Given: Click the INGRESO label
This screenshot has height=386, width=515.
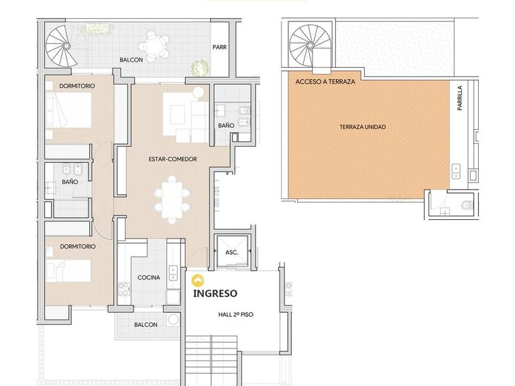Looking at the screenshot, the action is pyautogui.click(x=215, y=293).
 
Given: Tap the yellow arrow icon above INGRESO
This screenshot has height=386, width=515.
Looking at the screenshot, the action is pyautogui.click(x=198, y=281).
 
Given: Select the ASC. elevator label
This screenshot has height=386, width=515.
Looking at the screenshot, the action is pyautogui.click(x=231, y=253).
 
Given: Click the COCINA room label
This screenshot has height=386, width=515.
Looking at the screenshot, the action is pyautogui.click(x=149, y=277).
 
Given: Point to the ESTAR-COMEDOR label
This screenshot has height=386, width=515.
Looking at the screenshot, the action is pyautogui.click(x=173, y=159).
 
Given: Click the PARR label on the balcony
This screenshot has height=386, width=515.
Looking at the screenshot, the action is pyautogui.click(x=219, y=48).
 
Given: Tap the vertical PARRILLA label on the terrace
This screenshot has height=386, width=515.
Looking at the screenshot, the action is pyautogui.click(x=460, y=98).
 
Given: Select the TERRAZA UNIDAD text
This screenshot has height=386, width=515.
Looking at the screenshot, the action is pyautogui.click(x=363, y=127).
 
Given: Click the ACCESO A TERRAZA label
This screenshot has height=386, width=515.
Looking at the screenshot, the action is pyautogui.click(x=325, y=82).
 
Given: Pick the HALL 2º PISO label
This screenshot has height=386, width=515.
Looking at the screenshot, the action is pyautogui.click(x=236, y=314).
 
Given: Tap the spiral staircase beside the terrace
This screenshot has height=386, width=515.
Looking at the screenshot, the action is pyautogui.click(x=310, y=46).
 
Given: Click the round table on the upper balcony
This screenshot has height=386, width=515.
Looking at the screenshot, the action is pyautogui.click(x=154, y=47).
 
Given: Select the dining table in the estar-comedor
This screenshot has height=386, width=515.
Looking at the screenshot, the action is pyautogui.click(x=172, y=200).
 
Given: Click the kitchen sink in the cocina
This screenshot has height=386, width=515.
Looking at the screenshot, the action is pyautogui.click(x=173, y=273).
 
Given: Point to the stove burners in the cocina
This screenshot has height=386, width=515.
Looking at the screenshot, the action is pyautogui.click(x=124, y=289).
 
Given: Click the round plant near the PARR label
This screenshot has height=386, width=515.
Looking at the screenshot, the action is pyautogui.click(x=200, y=67).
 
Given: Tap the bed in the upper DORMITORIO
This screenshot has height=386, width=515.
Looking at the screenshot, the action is pyautogui.click(x=68, y=110).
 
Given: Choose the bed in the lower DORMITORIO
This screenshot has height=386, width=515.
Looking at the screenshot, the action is pyautogui.click(x=68, y=271).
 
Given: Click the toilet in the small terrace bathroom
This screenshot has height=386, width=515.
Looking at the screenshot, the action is pyautogui.click(x=467, y=205).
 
